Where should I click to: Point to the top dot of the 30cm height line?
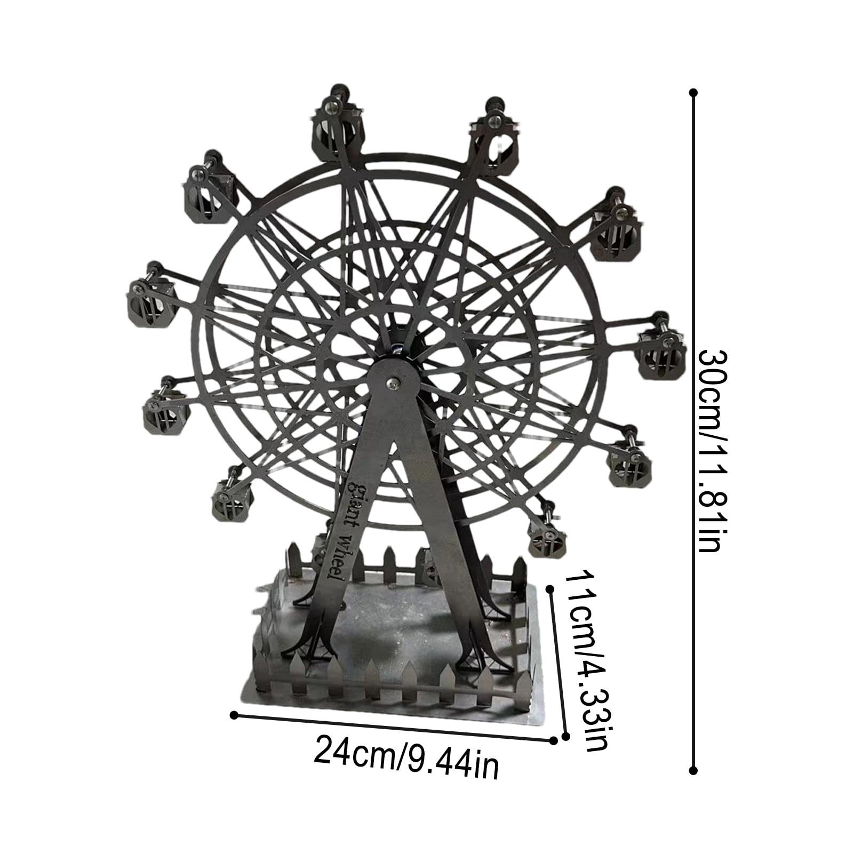click(x=693, y=92)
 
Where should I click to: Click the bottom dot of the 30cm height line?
click(x=693, y=770)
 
